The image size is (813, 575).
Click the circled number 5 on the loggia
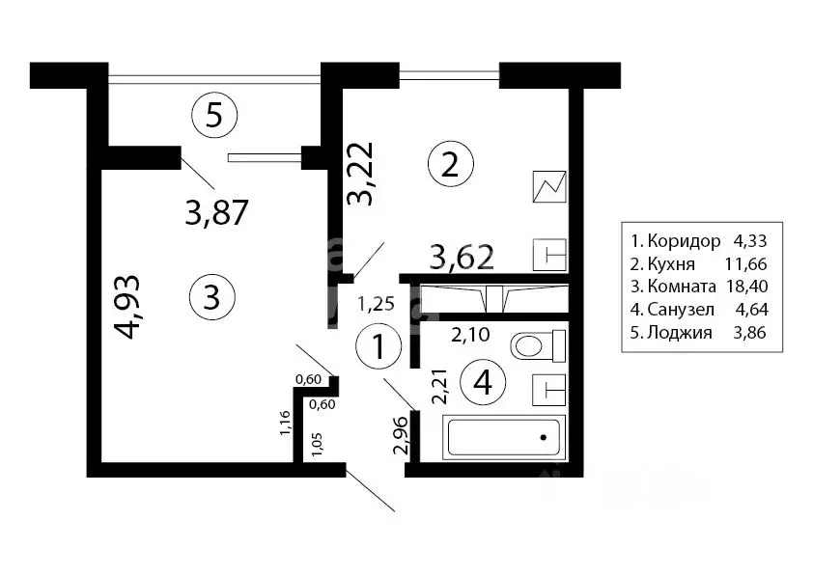point(214,116)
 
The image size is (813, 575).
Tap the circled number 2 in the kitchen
point(451,165)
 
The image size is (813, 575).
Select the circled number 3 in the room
point(212,297)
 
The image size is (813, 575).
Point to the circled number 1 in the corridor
point(379,346)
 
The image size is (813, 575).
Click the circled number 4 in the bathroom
point(483,383)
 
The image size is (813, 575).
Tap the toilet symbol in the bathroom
point(538,345)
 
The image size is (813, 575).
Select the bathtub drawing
point(503,437)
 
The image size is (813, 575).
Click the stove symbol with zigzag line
point(549,186)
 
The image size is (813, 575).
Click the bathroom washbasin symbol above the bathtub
point(549,390)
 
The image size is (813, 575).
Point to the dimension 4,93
point(127,307)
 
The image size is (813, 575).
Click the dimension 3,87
point(216,212)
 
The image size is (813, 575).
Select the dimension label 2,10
point(470,335)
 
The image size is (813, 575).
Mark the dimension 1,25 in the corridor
point(377,304)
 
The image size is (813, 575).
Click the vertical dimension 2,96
point(403,436)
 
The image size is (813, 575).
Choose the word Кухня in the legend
point(671,264)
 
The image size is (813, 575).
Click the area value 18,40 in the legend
point(747,287)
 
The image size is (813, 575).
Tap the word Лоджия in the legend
point(680,332)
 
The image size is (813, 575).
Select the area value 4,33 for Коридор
point(749,241)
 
